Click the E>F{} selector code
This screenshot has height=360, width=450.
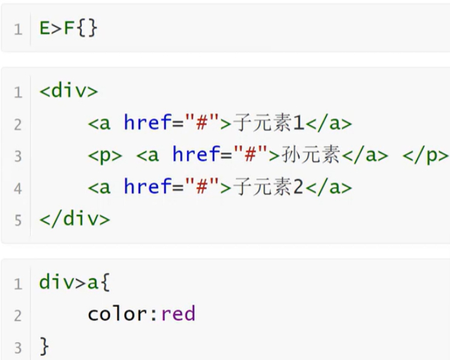[68, 29]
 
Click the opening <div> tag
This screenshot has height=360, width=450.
[68, 92]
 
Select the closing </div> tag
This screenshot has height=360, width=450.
[75, 219]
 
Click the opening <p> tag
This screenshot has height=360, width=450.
[105, 155]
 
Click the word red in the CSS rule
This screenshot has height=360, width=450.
[179, 313]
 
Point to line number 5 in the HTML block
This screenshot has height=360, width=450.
[18, 220]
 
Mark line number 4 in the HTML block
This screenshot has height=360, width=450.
[18, 188]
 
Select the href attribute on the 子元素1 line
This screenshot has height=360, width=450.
[148, 124]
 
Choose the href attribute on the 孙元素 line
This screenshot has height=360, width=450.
[196, 155]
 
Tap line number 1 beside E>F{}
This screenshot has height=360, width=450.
[18, 29]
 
